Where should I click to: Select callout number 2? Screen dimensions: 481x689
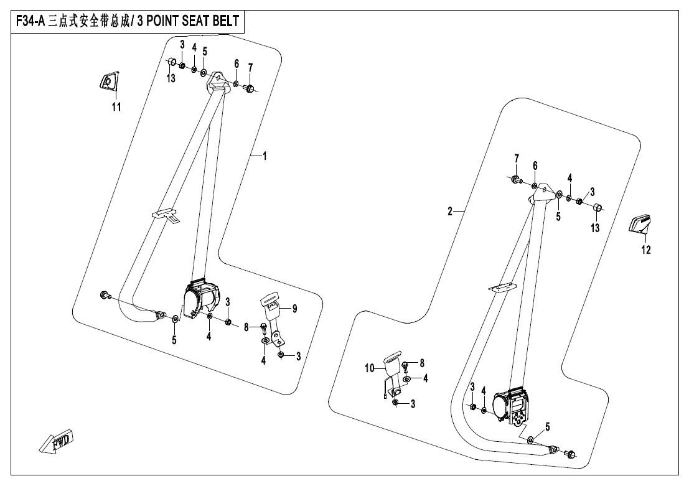pyautogui.click(x=449, y=212)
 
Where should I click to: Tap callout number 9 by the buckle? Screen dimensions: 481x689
pyautogui.click(x=295, y=308)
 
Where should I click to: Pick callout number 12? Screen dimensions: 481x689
pyautogui.click(x=645, y=250)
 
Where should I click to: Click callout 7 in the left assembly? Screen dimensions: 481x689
pyautogui.click(x=250, y=67)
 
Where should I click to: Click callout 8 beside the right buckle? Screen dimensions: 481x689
pyautogui.click(x=421, y=362)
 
